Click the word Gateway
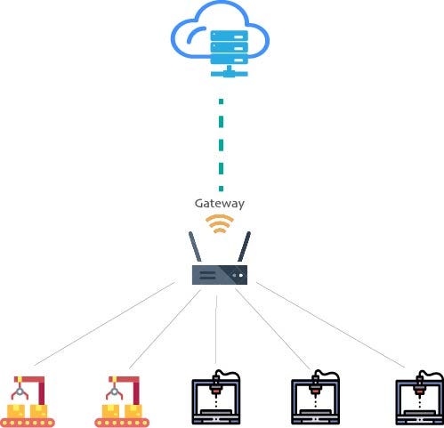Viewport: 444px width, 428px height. click(220, 204)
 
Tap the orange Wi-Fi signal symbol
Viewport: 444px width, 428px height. click(220, 223)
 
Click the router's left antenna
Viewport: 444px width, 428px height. click(195, 246)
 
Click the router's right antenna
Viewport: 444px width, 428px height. click(244, 246)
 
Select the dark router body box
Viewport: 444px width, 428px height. click(220, 275)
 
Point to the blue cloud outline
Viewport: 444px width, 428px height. click(178, 38)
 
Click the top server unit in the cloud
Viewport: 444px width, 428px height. click(229, 36)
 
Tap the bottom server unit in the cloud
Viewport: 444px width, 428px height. click(229, 60)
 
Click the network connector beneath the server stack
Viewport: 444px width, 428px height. click(229, 72)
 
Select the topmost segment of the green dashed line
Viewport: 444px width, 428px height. click(221, 101)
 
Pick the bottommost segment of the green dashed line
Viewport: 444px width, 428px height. click(221, 189)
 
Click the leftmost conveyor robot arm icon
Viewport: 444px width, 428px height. click(28, 401)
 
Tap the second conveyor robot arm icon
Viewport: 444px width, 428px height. click(122, 401)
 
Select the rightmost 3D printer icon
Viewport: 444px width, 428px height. click(419, 398)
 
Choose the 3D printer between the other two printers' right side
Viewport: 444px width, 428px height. click(315, 398)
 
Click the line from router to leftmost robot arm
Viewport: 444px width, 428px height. click(105, 324)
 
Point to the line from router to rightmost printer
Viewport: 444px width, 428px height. click(330, 325)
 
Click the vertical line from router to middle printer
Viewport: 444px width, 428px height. click(216, 329)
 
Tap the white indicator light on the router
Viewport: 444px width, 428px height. click(241, 276)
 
